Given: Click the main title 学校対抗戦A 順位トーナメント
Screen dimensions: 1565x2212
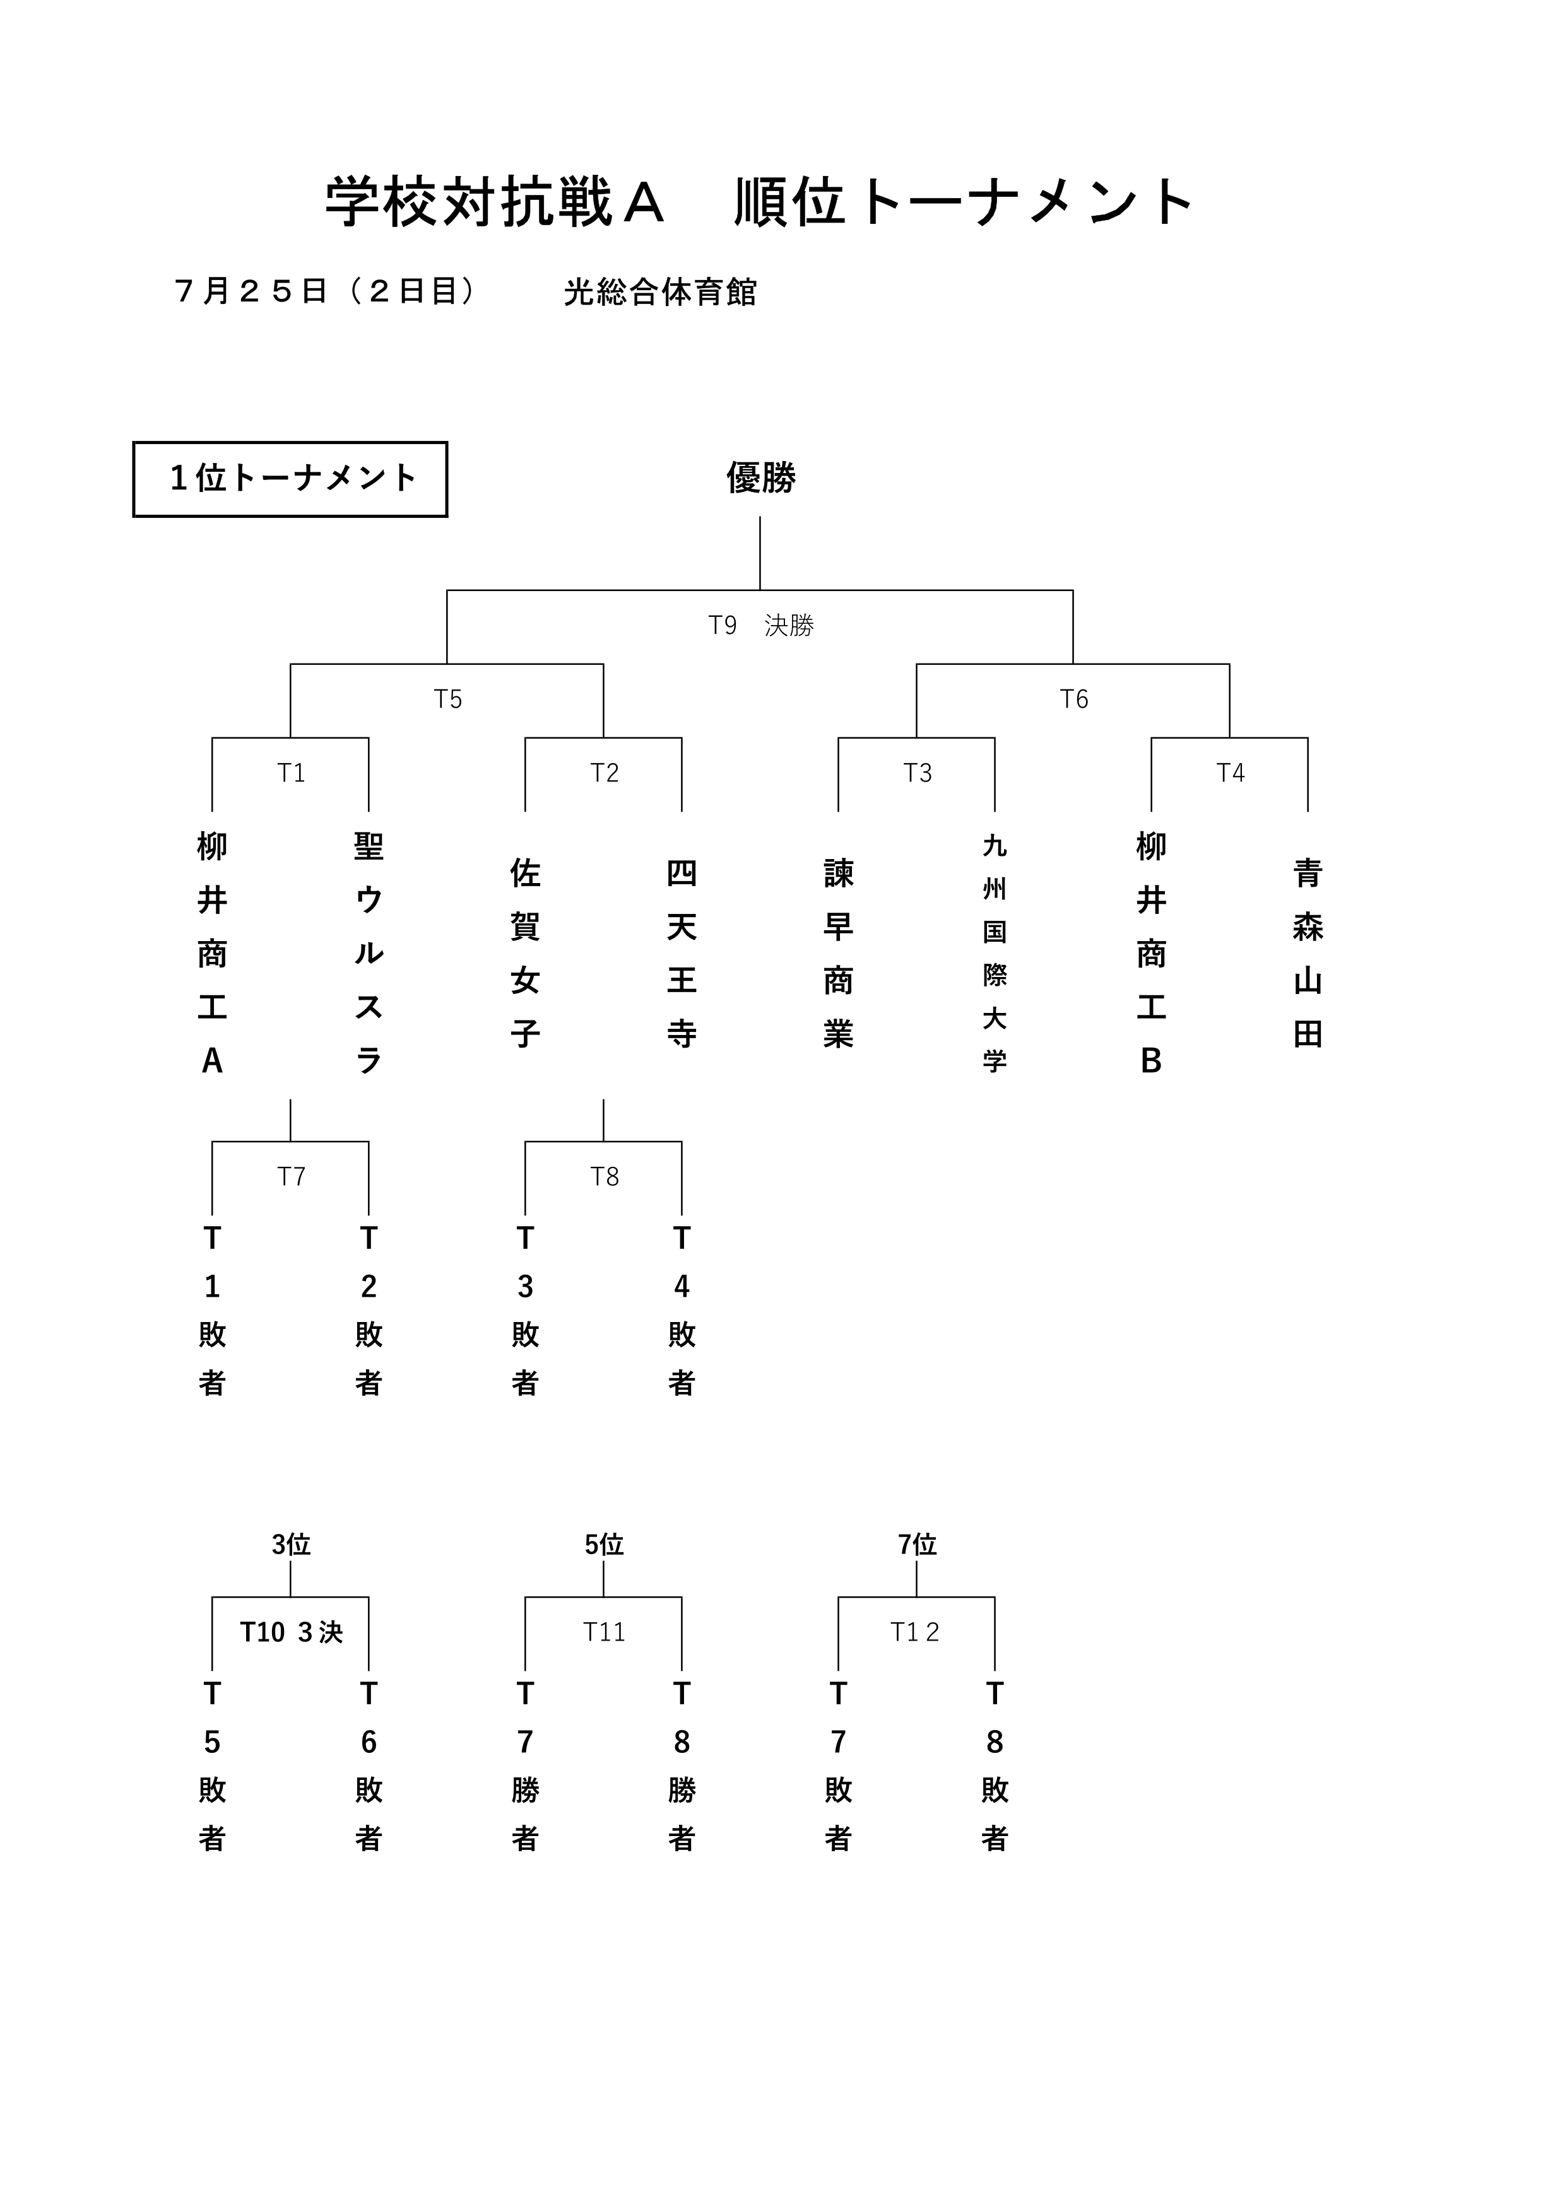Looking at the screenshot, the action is (759, 202).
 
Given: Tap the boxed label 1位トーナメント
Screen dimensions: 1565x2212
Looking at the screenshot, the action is (290, 479).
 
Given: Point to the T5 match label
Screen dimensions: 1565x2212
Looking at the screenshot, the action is (448, 699).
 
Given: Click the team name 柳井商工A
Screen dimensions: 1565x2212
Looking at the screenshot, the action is (212, 954).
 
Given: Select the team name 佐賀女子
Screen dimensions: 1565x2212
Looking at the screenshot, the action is (525, 954).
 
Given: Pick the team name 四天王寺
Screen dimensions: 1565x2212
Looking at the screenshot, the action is (682, 954).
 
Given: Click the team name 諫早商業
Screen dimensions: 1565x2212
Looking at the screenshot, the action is (839, 954).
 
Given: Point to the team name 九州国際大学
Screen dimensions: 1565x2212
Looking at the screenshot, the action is (995, 954).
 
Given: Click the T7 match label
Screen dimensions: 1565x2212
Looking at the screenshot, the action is (291, 1176).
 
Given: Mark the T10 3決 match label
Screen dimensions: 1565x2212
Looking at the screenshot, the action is (291, 1632).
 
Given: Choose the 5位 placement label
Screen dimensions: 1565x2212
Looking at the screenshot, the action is (604, 1545).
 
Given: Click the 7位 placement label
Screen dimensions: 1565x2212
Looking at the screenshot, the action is (918, 1545).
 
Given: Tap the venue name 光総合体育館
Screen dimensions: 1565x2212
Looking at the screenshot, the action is (660, 292).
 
